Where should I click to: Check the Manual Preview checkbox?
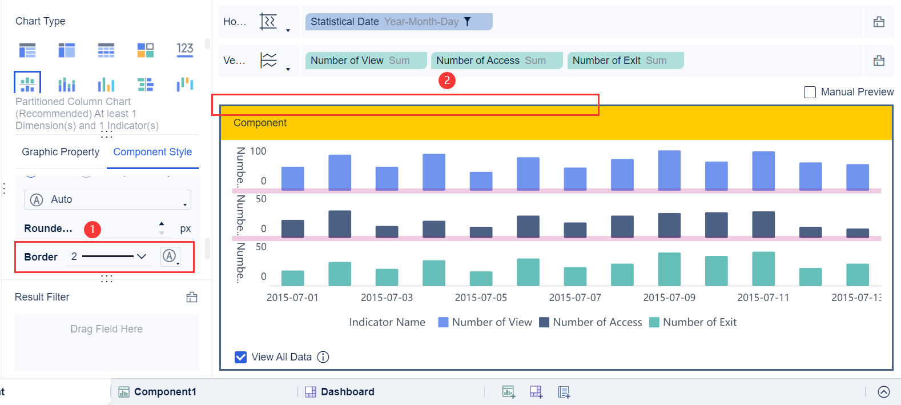point(810,92)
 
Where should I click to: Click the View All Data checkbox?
point(241,357)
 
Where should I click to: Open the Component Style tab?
point(152,152)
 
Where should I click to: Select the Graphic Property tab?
point(61,152)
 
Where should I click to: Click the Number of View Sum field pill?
point(365,61)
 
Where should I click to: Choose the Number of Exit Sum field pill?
point(625,61)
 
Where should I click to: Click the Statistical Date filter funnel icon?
point(467,22)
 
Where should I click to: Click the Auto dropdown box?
point(107,199)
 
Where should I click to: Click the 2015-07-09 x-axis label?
point(669,298)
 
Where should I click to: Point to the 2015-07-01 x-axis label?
point(292,298)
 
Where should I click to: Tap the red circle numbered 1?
point(92,229)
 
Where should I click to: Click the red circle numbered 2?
point(447,81)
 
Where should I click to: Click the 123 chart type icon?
point(184,50)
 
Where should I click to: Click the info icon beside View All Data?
point(323,357)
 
